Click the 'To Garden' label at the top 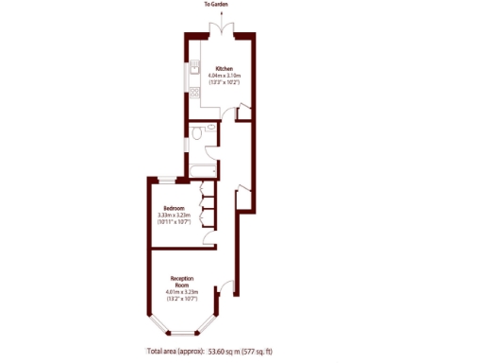[216, 5]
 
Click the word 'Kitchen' [225, 69]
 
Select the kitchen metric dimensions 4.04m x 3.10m [225, 76]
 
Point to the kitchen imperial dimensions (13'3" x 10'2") [225, 82]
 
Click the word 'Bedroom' [174, 208]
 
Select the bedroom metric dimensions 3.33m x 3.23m [174, 215]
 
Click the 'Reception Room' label [183, 282]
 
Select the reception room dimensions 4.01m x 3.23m [183, 295]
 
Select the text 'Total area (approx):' [175, 351]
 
